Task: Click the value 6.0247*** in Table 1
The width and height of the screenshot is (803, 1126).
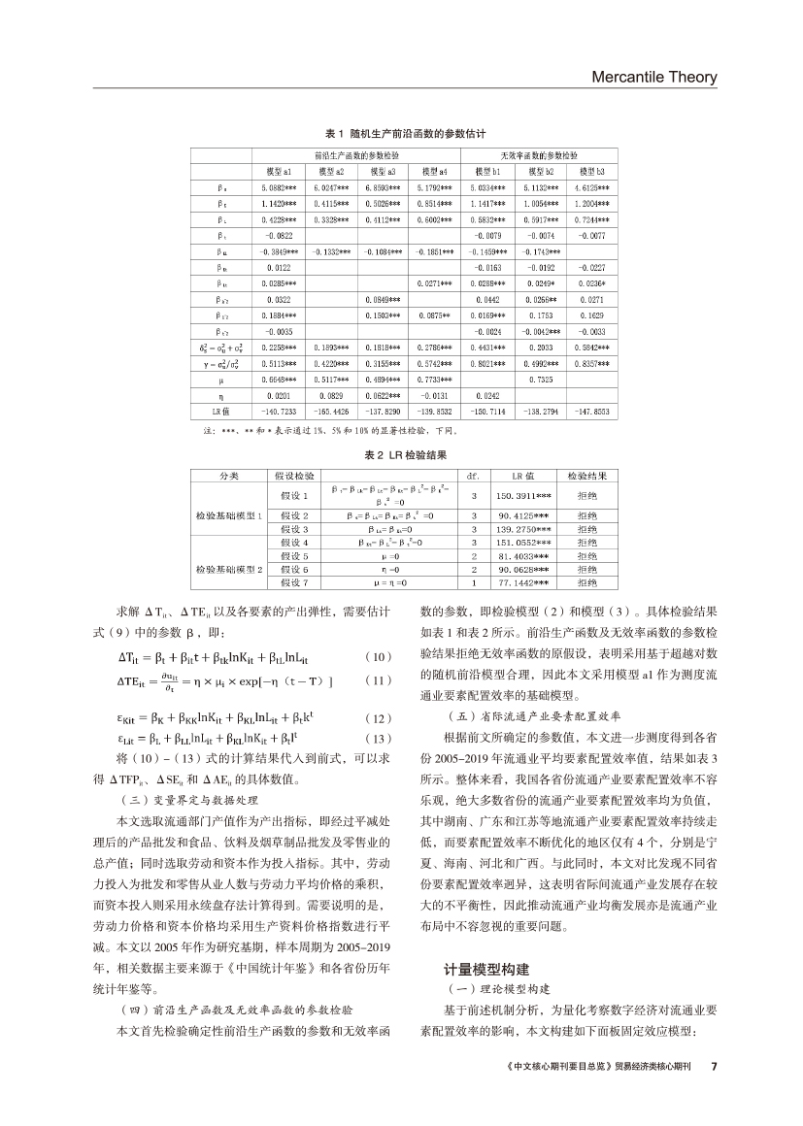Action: [x=332, y=187]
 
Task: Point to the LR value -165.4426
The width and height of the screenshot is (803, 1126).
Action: [x=332, y=413]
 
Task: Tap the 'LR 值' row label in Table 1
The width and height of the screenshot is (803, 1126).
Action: [x=222, y=413]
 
